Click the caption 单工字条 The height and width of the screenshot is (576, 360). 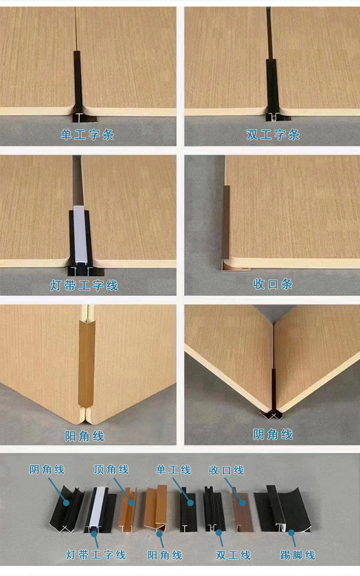click(x=87, y=134)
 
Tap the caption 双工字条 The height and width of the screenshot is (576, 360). click(x=273, y=134)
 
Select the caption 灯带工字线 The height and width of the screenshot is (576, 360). click(x=84, y=285)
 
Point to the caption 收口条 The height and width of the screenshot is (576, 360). click(x=273, y=284)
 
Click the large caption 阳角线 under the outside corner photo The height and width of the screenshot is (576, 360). click(x=84, y=436)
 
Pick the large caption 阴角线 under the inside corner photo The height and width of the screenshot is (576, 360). click(x=273, y=434)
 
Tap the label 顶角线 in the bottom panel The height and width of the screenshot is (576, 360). click(x=111, y=469)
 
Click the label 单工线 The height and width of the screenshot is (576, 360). click(x=174, y=470)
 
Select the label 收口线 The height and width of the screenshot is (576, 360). click(x=226, y=470)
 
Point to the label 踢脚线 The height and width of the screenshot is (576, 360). click(x=298, y=555)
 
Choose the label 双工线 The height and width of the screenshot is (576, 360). click(x=233, y=555)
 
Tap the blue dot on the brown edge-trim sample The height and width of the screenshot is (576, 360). click(x=242, y=503)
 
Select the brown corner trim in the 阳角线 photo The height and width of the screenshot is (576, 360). click(x=87, y=363)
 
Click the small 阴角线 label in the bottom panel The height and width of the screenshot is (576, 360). click(x=47, y=469)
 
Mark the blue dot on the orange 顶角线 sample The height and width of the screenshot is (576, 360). click(x=131, y=503)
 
